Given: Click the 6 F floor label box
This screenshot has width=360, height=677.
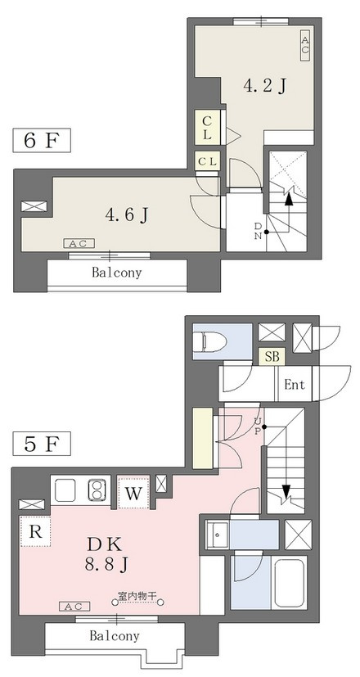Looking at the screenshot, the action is [42, 140].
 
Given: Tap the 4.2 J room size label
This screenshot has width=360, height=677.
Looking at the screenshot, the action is [265, 86].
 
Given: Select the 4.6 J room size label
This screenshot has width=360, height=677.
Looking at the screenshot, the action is [127, 214].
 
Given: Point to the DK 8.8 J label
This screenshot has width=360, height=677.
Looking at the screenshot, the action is [106, 553].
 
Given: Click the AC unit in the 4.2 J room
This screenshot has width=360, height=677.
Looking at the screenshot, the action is [305, 45].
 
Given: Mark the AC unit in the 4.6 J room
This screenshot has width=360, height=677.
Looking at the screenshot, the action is [79, 244].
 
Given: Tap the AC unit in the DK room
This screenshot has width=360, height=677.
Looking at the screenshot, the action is [74, 607].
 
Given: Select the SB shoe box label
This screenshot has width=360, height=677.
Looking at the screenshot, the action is [272, 357].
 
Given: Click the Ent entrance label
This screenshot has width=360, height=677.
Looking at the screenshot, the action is [295, 384].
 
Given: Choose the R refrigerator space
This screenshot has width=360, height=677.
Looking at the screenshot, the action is [35, 531].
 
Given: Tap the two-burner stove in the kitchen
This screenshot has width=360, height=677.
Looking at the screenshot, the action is [98, 490].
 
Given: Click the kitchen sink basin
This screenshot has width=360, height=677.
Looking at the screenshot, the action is [65, 490].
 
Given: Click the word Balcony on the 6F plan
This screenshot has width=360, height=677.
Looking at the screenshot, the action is [116, 273].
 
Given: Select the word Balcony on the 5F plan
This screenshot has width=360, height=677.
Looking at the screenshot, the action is [115, 636].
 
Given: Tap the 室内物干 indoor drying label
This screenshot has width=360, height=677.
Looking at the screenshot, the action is [137, 596].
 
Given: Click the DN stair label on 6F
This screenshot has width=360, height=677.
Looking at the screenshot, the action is [258, 231].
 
